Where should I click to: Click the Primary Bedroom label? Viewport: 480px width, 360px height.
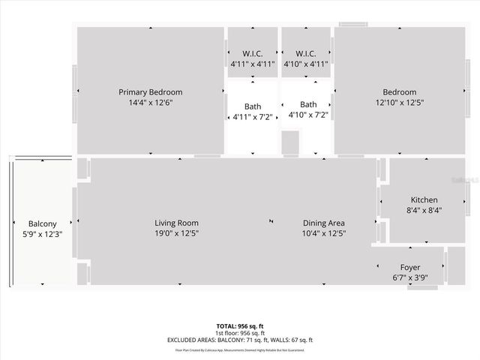pyautogui.click(x=150, y=92)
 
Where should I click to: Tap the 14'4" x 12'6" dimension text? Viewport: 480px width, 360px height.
pyautogui.click(x=150, y=103)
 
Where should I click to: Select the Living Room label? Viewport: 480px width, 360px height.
pyautogui.click(x=176, y=223)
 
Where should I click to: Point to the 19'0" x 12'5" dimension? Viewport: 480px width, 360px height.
pyautogui.click(x=176, y=233)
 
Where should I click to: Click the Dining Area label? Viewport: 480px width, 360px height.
pyautogui.click(x=323, y=223)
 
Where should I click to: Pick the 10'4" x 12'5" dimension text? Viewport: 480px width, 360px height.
pyautogui.click(x=323, y=233)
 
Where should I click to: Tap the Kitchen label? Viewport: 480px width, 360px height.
pyautogui.click(x=424, y=200)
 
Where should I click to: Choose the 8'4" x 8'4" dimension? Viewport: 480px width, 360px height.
pyautogui.click(x=424, y=211)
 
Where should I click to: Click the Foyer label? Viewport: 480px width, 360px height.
pyautogui.click(x=409, y=268)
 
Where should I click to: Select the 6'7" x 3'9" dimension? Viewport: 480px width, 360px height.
pyautogui.click(x=409, y=278)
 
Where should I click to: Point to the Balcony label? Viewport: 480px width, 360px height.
pyautogui.click(x=42, y=223)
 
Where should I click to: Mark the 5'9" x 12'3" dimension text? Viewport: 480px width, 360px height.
pyautogui.click(x=42, y=234)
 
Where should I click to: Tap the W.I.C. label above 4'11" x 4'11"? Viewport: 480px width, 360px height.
pyautogui.click(x=253, y=53)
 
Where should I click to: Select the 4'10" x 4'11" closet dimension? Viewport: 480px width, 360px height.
pyautogui.click(x=306, y=64)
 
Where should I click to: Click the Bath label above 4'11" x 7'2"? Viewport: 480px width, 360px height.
pyautogui.click(x=253, y=105)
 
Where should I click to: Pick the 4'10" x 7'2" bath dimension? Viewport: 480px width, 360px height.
pyautogui.click(x=308, y=115)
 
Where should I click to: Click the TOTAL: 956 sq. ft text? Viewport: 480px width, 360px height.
pyautogui.click(x=240, y=325)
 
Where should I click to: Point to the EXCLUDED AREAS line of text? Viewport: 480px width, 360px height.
pyautogui.click(x=240, y=340)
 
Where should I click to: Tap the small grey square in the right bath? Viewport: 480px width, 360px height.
pyautogui.click(x=290, y=142)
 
